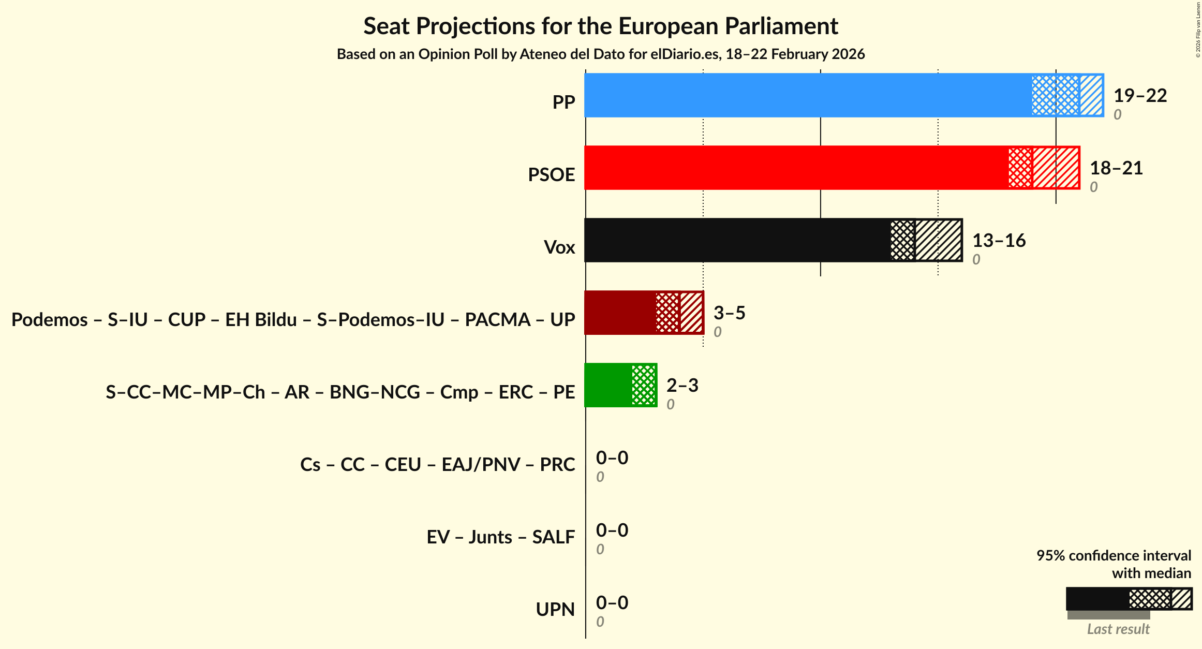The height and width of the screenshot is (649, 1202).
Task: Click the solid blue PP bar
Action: point(807,95)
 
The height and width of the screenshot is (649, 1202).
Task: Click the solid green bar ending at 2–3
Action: point(608,385)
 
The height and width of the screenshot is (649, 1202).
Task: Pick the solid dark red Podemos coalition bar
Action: point(620,313)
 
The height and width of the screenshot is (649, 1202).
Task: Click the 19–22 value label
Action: point(1140,95)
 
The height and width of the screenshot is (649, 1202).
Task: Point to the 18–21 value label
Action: point(1116,168)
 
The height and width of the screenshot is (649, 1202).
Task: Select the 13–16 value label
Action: point(999,240)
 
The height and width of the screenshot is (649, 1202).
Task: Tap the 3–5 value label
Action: point(729,313)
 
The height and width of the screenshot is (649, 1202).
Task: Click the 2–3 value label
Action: point(682,385)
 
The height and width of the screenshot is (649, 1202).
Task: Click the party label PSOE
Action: point(551,175)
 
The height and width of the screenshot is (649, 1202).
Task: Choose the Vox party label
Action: point(559,247)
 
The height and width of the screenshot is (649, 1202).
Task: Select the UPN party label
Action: point(555,610)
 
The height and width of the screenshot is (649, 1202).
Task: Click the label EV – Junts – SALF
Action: point(500,537)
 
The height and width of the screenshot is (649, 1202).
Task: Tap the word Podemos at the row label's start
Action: point(49,320)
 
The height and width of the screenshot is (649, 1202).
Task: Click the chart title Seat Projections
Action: point(600,26)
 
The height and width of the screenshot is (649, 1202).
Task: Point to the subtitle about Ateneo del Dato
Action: point(600,54)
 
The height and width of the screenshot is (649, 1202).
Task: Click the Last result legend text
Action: point(1118,629)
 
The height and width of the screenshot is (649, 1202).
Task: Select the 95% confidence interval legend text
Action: point(1114,556)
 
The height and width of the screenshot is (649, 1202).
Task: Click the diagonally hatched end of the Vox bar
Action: point(939,240)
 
